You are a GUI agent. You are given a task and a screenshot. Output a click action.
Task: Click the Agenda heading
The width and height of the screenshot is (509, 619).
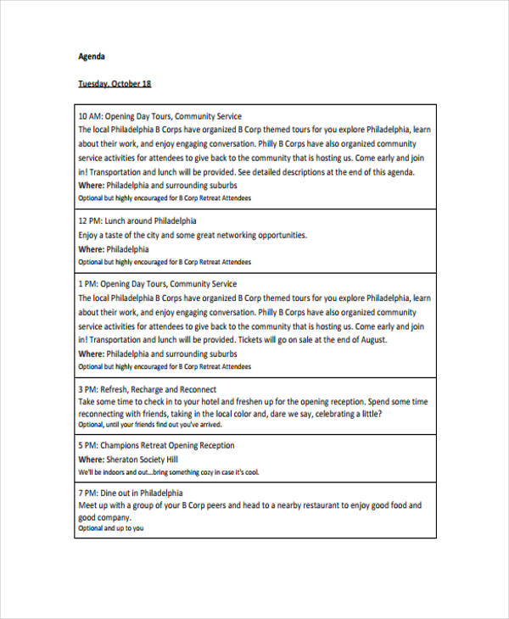[92, 57]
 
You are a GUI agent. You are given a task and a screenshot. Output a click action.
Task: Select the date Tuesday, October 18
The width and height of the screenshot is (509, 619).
[115, 84]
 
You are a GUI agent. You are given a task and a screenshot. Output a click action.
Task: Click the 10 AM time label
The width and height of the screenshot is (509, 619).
[89, 116]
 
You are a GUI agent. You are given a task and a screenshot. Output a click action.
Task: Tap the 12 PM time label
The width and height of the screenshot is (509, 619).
[89, 220]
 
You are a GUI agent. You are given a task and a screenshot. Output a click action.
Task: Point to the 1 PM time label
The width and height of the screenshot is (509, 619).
[87, 284]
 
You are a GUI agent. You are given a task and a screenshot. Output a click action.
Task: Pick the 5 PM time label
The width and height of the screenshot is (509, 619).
[87, 446]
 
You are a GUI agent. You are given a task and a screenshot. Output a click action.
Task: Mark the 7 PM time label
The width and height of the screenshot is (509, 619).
[87, 493]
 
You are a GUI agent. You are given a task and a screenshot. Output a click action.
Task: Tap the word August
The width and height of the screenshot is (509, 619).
[372, 340]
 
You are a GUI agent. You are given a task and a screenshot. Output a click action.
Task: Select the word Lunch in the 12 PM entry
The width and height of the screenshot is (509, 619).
[117, 220]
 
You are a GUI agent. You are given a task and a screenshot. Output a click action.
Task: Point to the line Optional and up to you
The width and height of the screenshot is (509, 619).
[111, 528]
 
